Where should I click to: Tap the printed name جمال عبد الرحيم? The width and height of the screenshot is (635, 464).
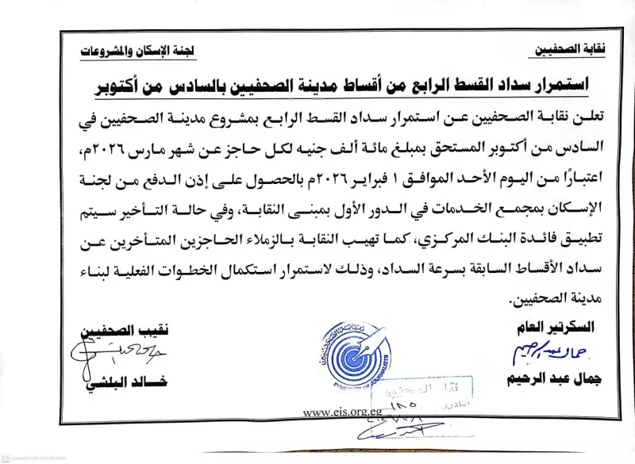[x=553, y=379]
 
